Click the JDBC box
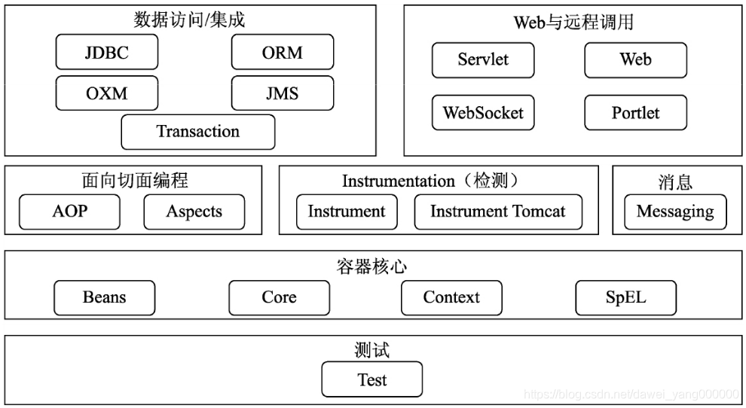click(x=107, y=52)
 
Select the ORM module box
click(x=283, y=52)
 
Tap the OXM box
click(x=107, y=93)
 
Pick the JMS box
click(x=283, y=93)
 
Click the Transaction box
click(x=198, y=132)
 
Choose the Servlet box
click(x=483, y=59)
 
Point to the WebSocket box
click(x=483, y=113)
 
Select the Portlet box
click(x=635, y=113)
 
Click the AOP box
click(x=69, y=212)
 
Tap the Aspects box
click(x=194, y=212)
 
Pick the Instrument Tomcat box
click(x=498, y=212)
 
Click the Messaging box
click(x=675, y=212)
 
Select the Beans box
click(x=104, y=297)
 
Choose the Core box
click(x=279, y=297)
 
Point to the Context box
click(x=451, y=297)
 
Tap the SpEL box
click(x=625, y=297)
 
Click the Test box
click(x=372, y=379)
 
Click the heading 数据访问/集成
click(x=190, y=20)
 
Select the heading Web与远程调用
click(x=573, y=22)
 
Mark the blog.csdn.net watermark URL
click(x=631, y=394)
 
